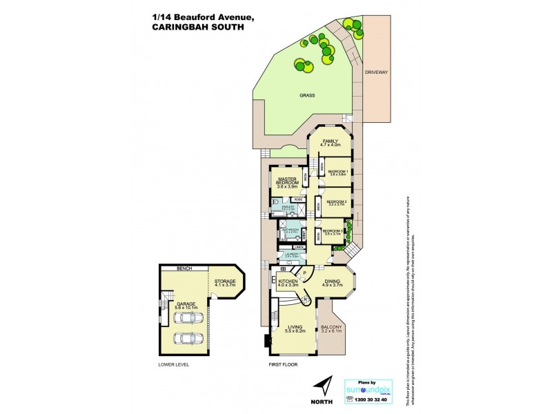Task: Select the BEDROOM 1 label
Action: [x=337, y=170]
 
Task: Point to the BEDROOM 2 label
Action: [x=336, y=201]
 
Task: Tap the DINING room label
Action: [x=333, y=282]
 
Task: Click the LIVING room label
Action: [x=294, y=328]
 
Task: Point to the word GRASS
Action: [x=307, y=96]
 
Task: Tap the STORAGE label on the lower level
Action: [x=225, y=282]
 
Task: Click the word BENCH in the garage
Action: [x=184, y=268]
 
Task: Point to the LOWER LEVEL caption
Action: [x=174, y=364]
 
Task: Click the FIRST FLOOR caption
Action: [x=283, y=364]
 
